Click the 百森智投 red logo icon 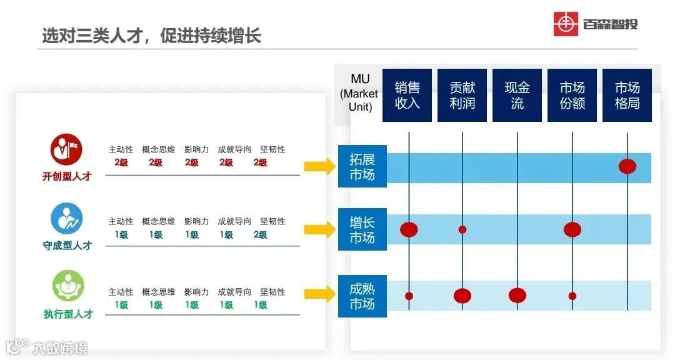click(566, 24)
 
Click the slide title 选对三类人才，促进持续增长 click(151, 35)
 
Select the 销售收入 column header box click(407, 95)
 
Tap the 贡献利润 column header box click(462, 95)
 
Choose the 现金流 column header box click(517, 95)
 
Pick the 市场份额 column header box click(572, 95)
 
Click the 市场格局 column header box click(627, 95)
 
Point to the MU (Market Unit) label click(360, 92)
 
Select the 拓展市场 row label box click(362, 166)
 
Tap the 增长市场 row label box click(362, 229)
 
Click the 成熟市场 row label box click(362, 296)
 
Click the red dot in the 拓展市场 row click(627, 166)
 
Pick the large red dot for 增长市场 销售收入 click(409, 229)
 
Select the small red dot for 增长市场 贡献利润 click(462, 229)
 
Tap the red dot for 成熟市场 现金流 click(517, 296)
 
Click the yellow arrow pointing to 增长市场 click(320, 229)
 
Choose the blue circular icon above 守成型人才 click(66, 219)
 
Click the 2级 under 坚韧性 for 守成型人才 click(261, 235)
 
